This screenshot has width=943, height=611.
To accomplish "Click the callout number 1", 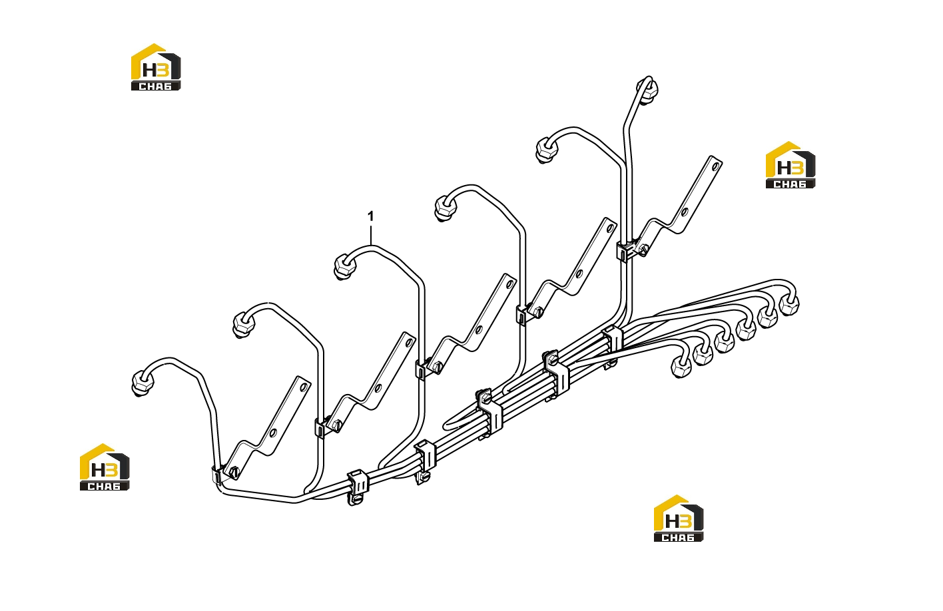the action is click(x=370, y=217).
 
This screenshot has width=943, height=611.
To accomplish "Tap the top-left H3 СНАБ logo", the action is click(x=156, y=67).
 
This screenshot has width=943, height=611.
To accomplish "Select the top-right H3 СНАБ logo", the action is click(x=790, y=164).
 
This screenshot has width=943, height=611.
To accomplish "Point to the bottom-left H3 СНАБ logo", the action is click(x=105, y=467).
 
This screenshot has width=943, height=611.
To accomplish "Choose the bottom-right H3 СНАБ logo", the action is click(x=678, y=518).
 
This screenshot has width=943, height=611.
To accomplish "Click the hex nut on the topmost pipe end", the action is click(x=647, y=89).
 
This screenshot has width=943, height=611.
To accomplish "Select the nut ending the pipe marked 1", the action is click(x=345, y=267).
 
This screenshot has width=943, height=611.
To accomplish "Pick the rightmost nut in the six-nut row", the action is click(x=789, y=305).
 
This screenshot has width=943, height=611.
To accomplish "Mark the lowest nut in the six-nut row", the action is click(x=681, y=368).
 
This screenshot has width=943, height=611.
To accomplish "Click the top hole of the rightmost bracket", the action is click(x=715, y=166).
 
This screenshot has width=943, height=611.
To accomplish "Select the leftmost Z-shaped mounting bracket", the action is click(x=268, y=428).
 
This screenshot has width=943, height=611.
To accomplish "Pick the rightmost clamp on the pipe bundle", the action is click(x=613, y=341).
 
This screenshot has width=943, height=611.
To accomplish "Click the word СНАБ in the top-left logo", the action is click(x=156, y=86).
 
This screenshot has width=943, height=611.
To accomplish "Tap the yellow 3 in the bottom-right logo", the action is click(x=685, y=521).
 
